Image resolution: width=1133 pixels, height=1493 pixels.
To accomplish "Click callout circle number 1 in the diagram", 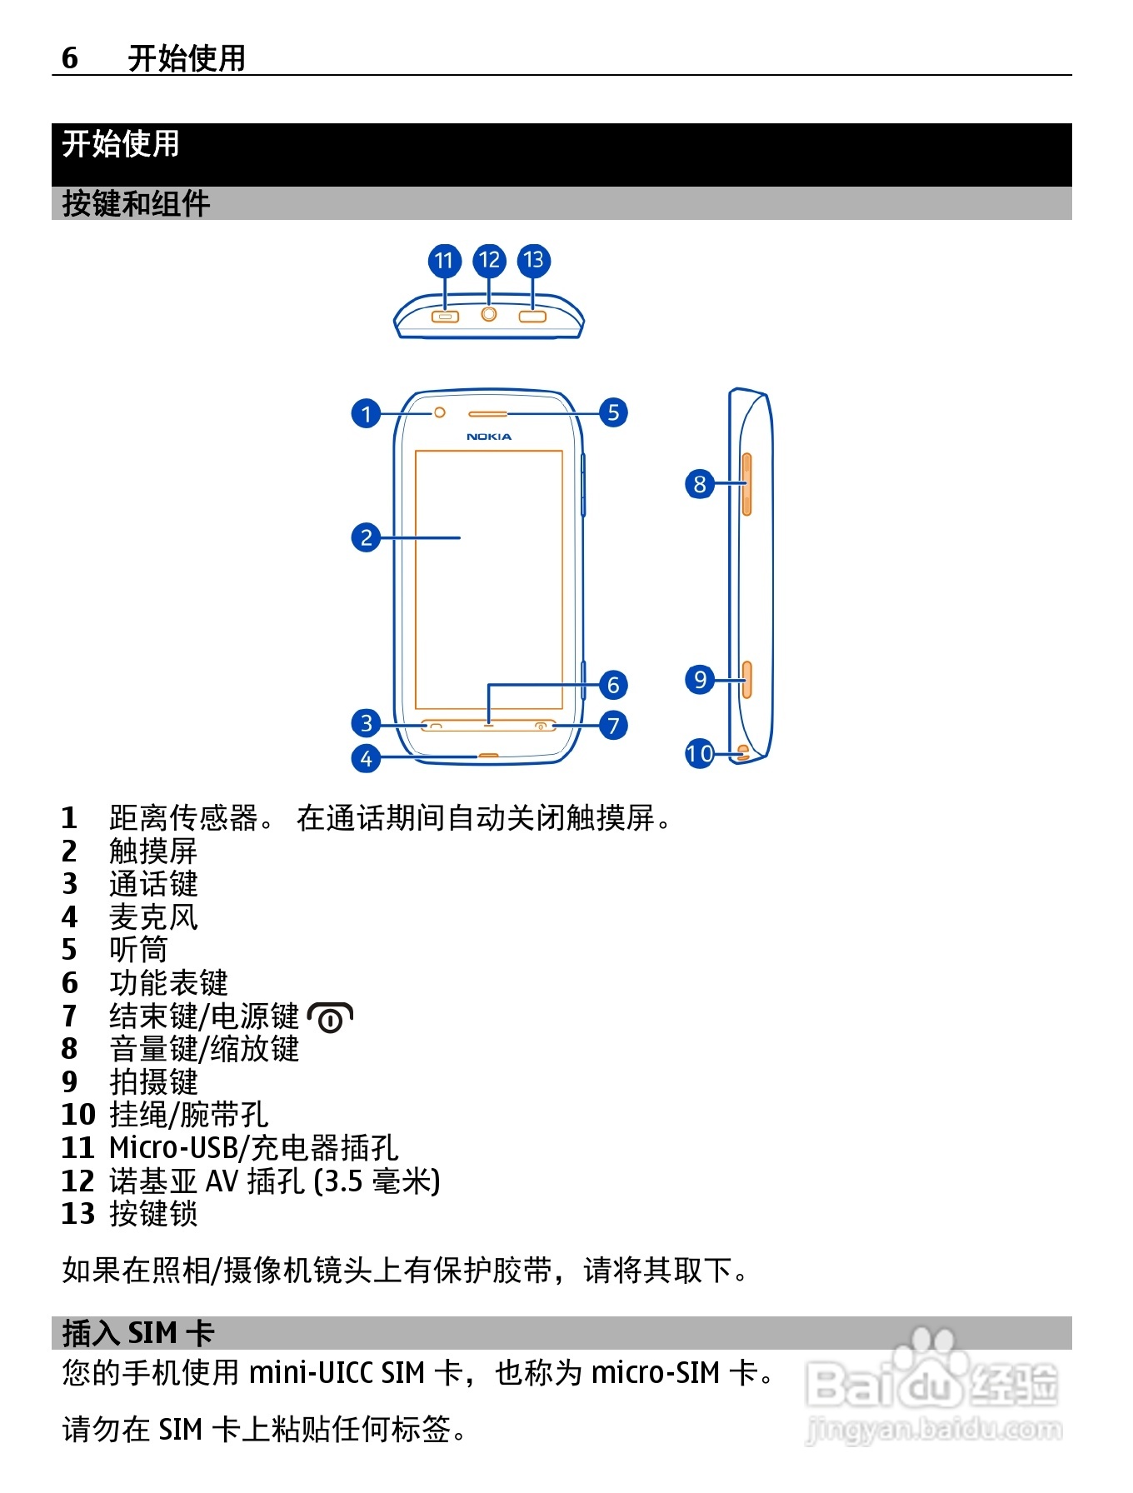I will coord(366,413).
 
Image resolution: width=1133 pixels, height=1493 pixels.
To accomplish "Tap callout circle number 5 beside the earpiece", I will coord(613,412).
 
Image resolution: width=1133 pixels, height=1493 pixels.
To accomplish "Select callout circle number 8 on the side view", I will coord(700,483).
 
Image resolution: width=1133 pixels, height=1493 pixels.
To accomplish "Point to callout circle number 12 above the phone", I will coord(489,261).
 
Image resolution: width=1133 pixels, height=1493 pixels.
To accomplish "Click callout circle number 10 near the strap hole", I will coord(700,754).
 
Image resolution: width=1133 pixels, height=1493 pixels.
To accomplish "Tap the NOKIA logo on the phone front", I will coord(489,437).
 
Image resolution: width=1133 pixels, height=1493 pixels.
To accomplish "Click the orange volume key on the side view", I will coord(746,484).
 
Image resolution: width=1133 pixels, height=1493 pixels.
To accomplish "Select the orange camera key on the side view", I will coord(746,680).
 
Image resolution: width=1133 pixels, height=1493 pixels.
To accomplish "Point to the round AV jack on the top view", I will coord(489,314).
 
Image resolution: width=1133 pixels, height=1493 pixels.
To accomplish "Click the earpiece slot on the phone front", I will coord(487,413).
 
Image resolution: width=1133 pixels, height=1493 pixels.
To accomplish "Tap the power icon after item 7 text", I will coord(331,1017).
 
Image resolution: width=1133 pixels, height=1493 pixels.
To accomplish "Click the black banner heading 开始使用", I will coord(121,144).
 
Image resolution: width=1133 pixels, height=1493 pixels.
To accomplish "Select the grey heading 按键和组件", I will coord(136,204).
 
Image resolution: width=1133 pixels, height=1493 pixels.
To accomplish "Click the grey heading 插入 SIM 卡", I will coord(138,1333).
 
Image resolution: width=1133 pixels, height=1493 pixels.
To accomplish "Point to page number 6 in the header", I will coord(70,58).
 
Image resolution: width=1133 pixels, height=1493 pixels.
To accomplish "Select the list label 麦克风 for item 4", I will coord(154,917).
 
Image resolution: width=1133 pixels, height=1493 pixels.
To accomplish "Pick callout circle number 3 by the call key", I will coord(366,723).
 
